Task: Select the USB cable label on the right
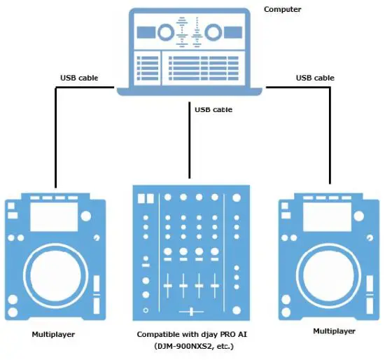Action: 315,78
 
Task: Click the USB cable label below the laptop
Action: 213,109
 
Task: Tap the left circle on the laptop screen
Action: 165,33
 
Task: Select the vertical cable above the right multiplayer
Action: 330,140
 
